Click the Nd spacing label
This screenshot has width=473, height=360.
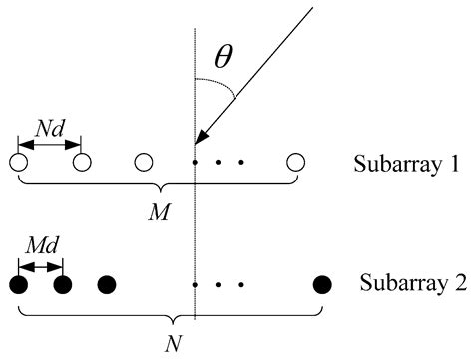(x=50, y=128)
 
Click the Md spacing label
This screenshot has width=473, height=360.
(x=39, y=249)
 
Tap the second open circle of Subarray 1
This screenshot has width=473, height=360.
(x=82, y=161)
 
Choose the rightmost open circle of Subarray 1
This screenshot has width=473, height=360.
(x=295, y=161)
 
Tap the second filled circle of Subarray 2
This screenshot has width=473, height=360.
(x=62, y=284)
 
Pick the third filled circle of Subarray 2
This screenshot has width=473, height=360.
(x=106, y=284)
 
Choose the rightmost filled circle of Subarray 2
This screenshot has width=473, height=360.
(x=321, y=284)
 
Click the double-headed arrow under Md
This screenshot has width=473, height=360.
(x=40, y=265)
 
